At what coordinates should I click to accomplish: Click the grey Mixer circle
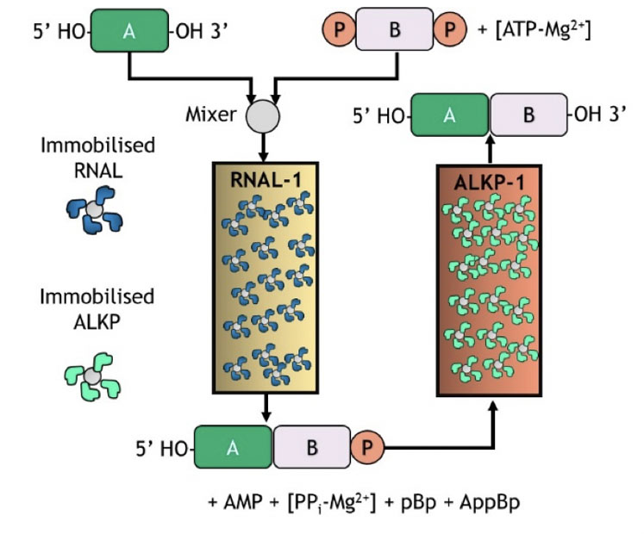coord(263,115)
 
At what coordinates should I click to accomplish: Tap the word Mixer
coord(210,114)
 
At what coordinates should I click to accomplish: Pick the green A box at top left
coord(130,32)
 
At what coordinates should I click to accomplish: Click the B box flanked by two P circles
coord(395,32)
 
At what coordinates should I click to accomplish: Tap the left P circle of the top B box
coord(339,32)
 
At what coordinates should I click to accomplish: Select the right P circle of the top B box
coord(450,32)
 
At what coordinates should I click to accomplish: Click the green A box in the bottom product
coord(234,448)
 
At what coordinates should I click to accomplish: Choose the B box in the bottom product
coord(311,448)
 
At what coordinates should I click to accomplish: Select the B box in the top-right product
coord(528,115)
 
